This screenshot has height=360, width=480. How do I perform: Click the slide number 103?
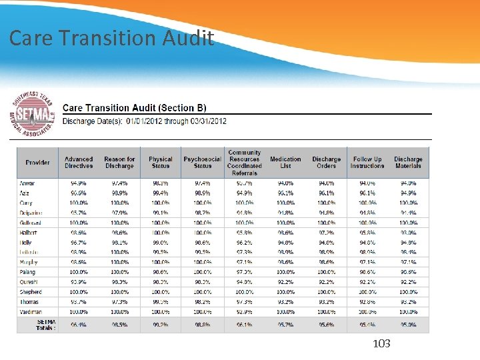coord(381,343)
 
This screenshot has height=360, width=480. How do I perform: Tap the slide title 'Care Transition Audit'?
coord(111,38)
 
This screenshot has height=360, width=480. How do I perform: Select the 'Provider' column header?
coord(37,163)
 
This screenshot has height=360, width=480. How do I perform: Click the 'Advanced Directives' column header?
coord(79,163)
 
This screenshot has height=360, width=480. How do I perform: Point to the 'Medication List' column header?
coord(285,163)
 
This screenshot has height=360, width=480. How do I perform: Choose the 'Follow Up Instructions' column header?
coord(367,163)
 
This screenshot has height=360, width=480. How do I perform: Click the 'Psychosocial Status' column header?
coord(202,163)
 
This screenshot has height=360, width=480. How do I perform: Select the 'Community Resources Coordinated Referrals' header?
coord(244,163)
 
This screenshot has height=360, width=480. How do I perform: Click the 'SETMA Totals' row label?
coord(45,325)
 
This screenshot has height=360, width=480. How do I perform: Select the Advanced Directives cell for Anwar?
coord(79,183)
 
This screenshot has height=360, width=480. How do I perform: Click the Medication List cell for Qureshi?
coord(285,282)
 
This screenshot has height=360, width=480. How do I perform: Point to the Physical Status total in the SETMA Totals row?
coord(160,325)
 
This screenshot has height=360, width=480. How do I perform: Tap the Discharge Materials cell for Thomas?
coord(408,302)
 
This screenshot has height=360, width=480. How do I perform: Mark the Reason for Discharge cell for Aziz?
coord(119,193)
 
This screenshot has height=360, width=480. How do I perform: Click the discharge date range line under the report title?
coord(145,121)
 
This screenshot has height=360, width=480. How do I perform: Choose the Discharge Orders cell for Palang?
coord(326,272)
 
